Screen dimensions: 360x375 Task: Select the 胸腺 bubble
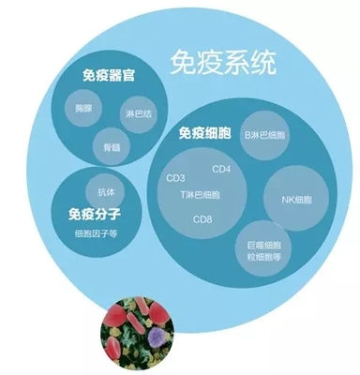point(83,109)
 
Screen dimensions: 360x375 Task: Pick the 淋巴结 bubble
point(136,114)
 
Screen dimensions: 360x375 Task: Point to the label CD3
point(175,177)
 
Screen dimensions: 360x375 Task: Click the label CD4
point(221,170)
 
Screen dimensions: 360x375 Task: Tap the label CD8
point(202,220)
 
